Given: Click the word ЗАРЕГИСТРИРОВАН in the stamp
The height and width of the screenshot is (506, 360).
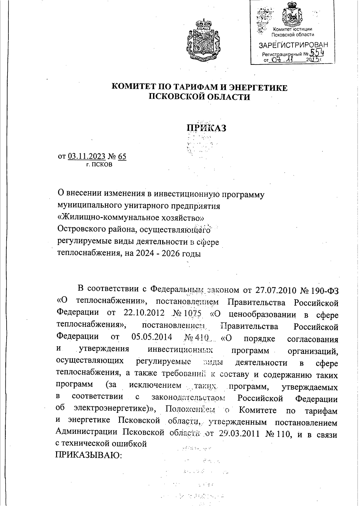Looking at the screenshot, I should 293,45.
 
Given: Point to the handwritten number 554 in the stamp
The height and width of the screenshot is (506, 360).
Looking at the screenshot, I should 317,53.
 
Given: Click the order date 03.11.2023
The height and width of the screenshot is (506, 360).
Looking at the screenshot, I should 87,156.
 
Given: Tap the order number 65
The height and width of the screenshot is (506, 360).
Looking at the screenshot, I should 122,156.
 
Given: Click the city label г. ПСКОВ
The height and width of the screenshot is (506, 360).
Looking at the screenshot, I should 99,165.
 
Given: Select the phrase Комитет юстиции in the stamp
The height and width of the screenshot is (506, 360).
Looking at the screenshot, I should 292,29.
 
